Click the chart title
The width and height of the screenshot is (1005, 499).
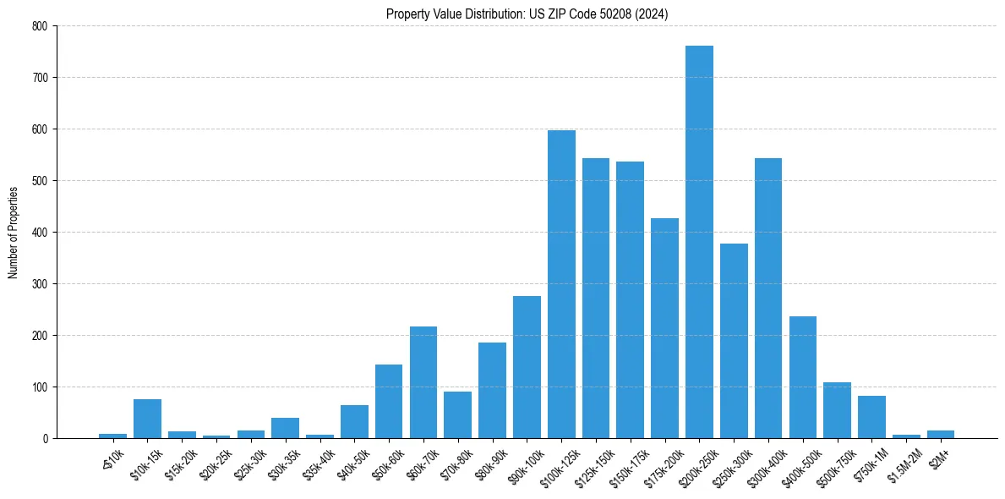527,14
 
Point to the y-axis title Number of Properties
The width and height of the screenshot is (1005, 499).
14,232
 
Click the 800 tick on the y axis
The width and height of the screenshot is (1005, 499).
41,26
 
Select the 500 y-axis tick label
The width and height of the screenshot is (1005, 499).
41,181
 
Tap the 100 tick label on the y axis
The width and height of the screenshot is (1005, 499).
41,387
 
